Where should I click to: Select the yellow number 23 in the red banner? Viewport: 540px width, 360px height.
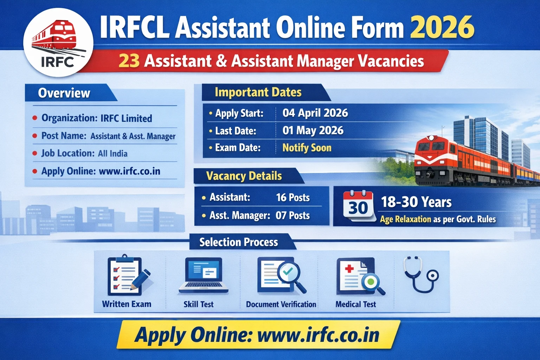(129, 61)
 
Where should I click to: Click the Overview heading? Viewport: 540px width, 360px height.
(64, 93)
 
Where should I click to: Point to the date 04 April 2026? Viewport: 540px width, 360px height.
(315, 113)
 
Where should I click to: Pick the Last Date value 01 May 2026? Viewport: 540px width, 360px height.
(313, 130)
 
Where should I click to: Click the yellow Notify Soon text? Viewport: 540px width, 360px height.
(307, 148)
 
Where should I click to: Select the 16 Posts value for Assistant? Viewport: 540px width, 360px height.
(292, 198)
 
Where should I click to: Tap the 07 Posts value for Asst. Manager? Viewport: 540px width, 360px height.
(292, 216)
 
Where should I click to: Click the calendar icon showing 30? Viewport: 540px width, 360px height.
(358, 206)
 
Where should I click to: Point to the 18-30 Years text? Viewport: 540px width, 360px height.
(416, 202)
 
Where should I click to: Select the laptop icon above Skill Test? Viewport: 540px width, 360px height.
(204, 275)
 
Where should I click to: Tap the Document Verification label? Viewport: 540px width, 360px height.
(281, 304)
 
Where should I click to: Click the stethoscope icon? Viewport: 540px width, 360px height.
(422, 274)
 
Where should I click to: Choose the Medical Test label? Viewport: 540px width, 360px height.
(355, 304)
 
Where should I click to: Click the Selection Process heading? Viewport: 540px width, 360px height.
(238, 242)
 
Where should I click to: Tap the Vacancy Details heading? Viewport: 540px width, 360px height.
(244, 176)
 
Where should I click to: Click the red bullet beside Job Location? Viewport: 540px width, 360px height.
(35, 153)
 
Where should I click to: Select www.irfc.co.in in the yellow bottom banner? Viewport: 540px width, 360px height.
(318, 335)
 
